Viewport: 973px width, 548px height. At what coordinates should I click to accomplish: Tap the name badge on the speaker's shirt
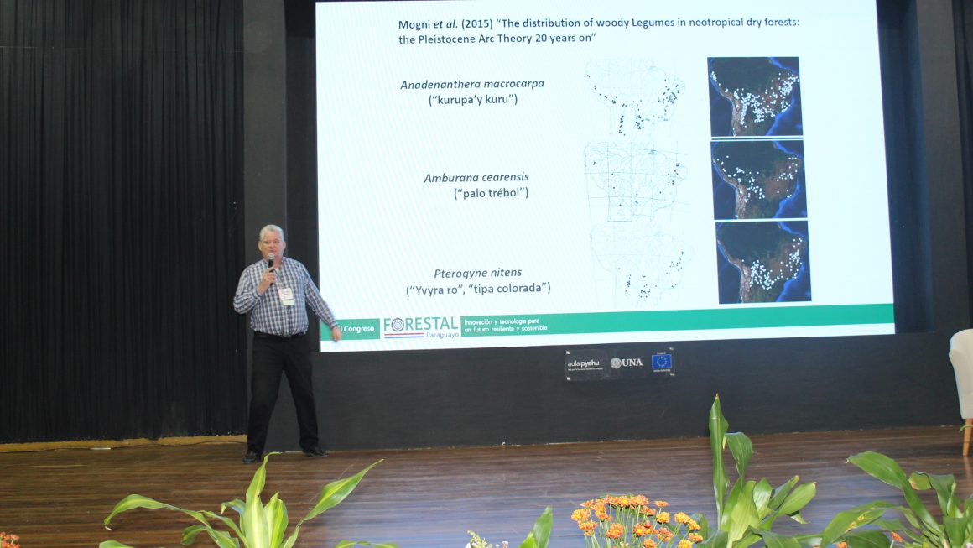pyautogui.click(x=286, y=295)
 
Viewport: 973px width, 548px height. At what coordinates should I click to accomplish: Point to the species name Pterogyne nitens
pyautogui.click(x=477, y=273)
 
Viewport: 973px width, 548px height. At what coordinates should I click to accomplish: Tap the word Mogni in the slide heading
pyautogui.click(x=415, y=23)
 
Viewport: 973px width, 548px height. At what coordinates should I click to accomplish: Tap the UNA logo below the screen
pyautogui.click(x=627, y=363)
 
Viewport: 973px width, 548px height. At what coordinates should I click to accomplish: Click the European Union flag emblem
pyautogui.click(x=662, y=362)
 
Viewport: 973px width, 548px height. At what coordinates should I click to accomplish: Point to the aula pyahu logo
pyautogui.click(x=585, y=363)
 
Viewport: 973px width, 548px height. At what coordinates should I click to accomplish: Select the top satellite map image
pyautogui.click(x=754, y=97)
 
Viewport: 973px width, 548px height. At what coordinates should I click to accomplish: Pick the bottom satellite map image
pyautogui.click(x=763, y=261)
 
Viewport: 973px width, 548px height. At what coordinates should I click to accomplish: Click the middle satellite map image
pyautogui.click(x=758, y=180)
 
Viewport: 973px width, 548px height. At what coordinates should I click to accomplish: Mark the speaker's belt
pyautogui.click(x=280, y=334)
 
